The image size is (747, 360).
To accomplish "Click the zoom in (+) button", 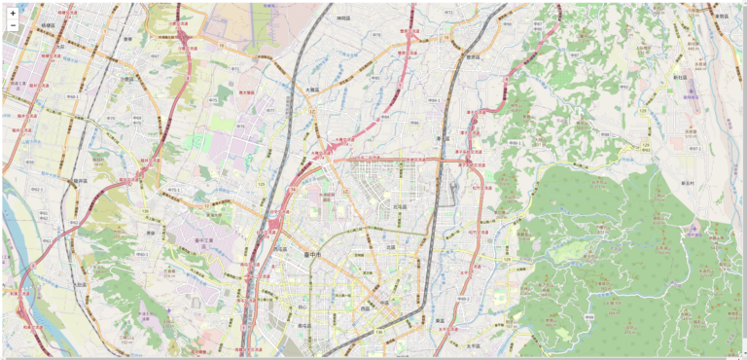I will pos(13,14).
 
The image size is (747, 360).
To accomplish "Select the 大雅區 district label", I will pos(312,87).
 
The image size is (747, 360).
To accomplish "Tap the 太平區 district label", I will pos(474,345).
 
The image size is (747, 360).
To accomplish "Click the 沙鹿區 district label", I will pos(126,80).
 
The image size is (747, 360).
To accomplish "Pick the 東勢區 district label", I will pos(721,16).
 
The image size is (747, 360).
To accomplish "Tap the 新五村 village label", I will pos(688,182).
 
